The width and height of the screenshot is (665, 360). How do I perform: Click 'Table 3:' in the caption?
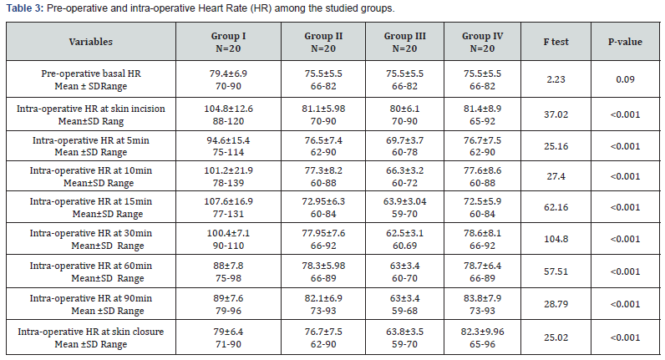click(x=23, y=8)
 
